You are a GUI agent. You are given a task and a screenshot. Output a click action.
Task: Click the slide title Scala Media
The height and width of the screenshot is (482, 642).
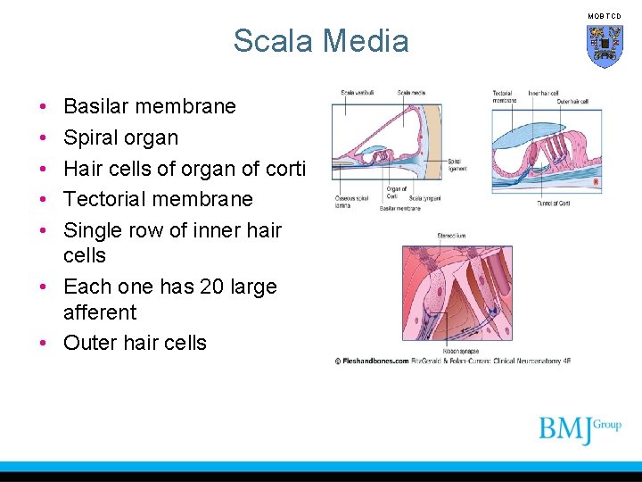tap(321, 41)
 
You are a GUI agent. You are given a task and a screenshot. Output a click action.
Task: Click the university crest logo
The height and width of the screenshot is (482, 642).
tap(604, 46)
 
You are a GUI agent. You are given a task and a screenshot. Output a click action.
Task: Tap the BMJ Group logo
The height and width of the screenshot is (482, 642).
tap(580, 429)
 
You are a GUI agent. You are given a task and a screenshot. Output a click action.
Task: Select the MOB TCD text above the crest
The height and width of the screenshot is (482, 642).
tap(604, 16)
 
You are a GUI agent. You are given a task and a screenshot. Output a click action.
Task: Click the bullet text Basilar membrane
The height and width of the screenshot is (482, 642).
tap(150, 106)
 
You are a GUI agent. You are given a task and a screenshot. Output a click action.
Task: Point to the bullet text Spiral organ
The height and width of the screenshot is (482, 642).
tap(120, 137)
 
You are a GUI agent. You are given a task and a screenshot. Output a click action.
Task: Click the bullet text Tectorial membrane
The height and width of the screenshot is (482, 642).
tap(158, 198)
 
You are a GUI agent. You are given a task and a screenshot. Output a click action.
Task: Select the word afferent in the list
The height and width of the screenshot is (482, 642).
tap(100, 312)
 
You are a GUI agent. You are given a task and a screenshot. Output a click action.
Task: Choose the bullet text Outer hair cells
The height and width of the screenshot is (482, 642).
tap(135, 343)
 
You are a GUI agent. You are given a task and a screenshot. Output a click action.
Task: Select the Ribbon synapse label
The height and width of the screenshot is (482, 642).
tap(456, 352)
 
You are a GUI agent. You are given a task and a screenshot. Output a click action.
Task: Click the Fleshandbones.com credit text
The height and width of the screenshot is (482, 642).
tap(373, 361)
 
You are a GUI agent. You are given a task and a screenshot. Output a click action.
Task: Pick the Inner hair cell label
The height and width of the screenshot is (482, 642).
tap(544, 93)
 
